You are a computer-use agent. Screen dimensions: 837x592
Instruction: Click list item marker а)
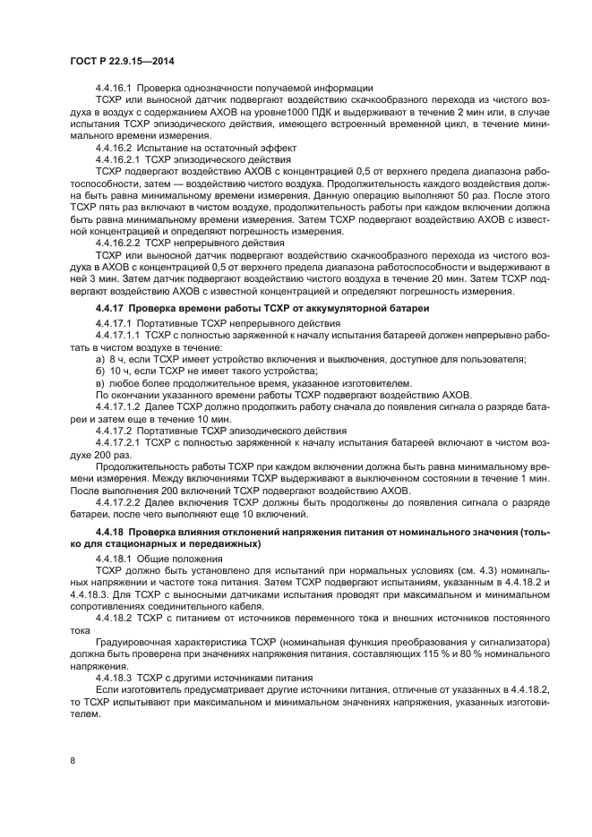click(99, 359)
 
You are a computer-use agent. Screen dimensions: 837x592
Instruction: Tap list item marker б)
click(99, 371)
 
